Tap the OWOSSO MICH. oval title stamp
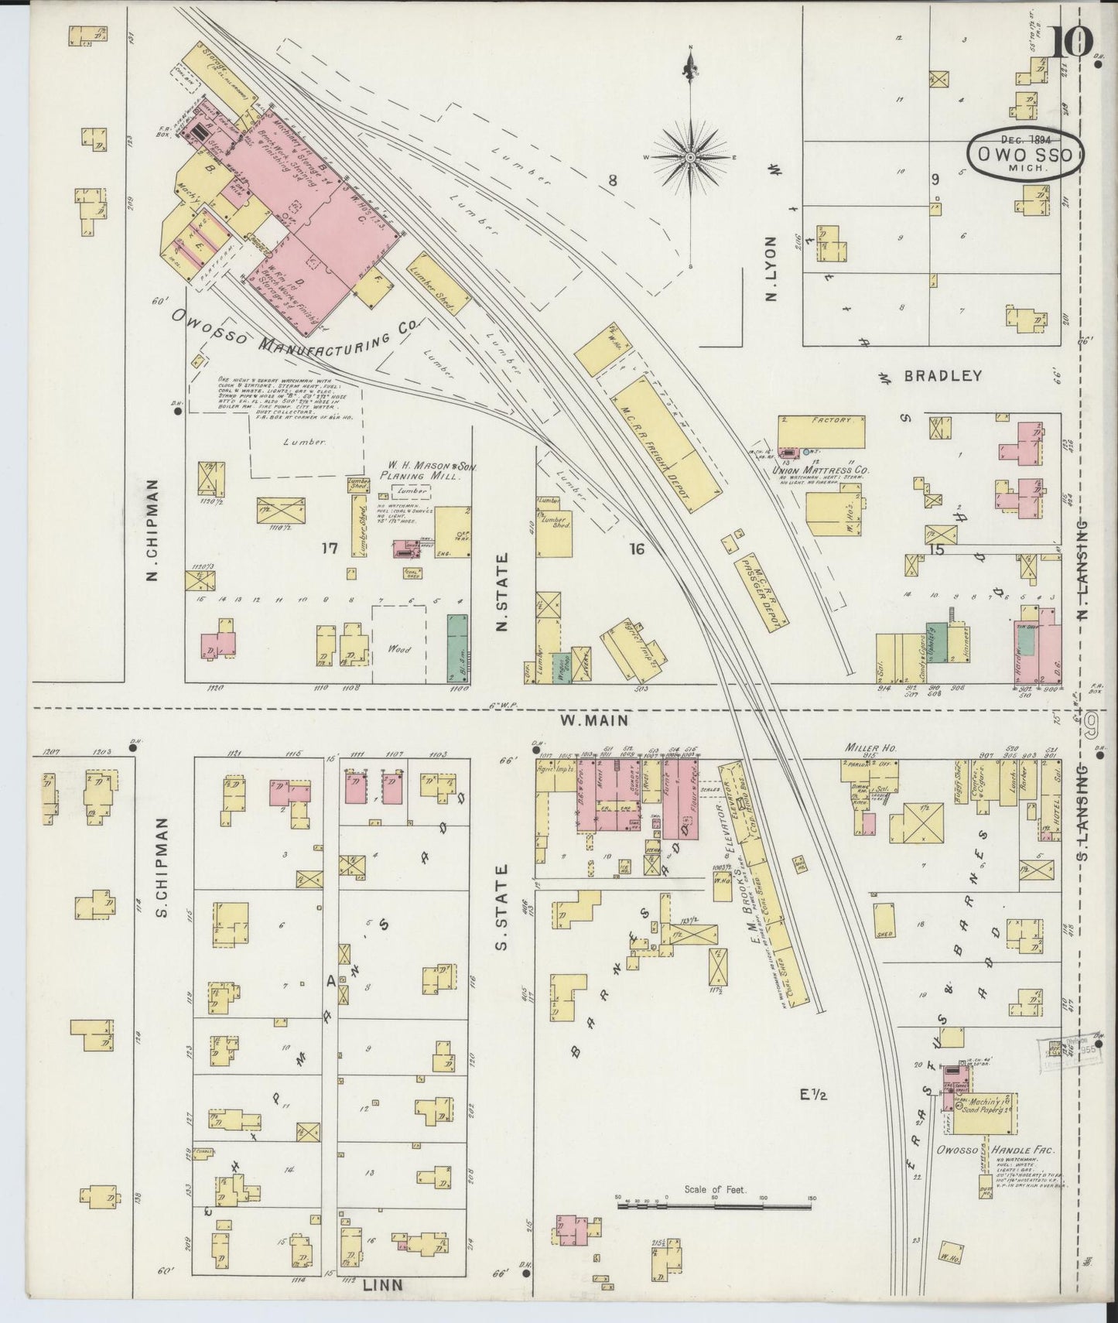(1025, 154)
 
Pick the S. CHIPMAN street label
(162, 868)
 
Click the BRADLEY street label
(942, 375)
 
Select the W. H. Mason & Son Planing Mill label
(420, 471)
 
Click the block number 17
(330, 549)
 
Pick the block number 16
(636, 549)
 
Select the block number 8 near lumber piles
(612, 181)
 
